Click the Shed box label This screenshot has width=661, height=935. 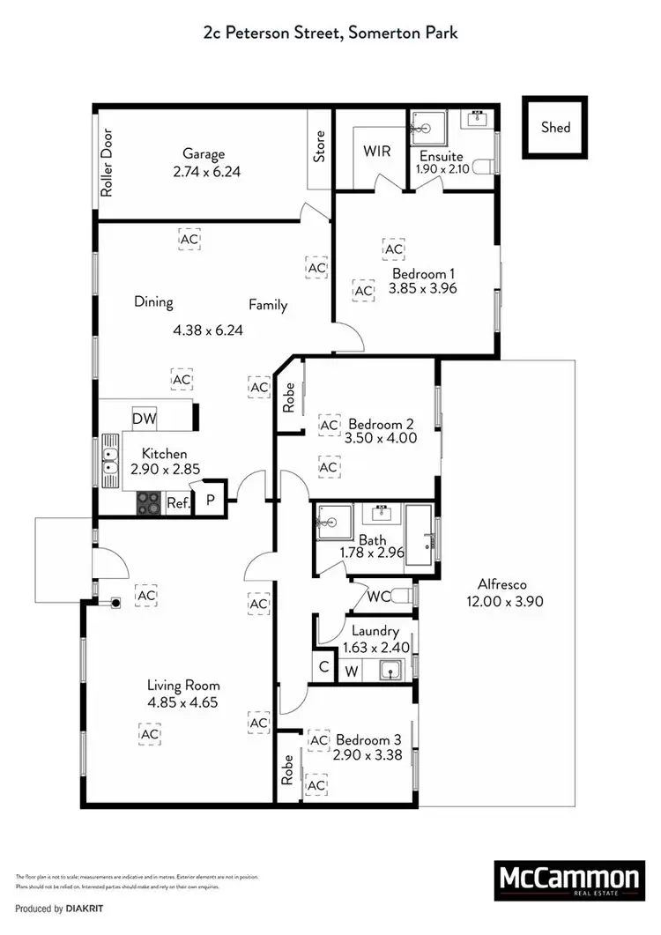tap(555, 128)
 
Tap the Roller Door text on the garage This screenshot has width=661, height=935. tap(108, 163)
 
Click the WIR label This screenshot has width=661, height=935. tap(377, 150)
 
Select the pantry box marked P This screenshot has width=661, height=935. tap(211, 500)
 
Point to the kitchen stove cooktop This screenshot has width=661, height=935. tap(149, 503)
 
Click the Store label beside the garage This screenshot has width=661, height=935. tap(320, 146)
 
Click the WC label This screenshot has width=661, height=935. tap(379, 597)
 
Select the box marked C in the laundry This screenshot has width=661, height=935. tap(324, 668)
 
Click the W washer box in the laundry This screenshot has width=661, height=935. tap(351, 670)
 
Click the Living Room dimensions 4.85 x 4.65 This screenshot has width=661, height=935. tap(182, 702)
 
